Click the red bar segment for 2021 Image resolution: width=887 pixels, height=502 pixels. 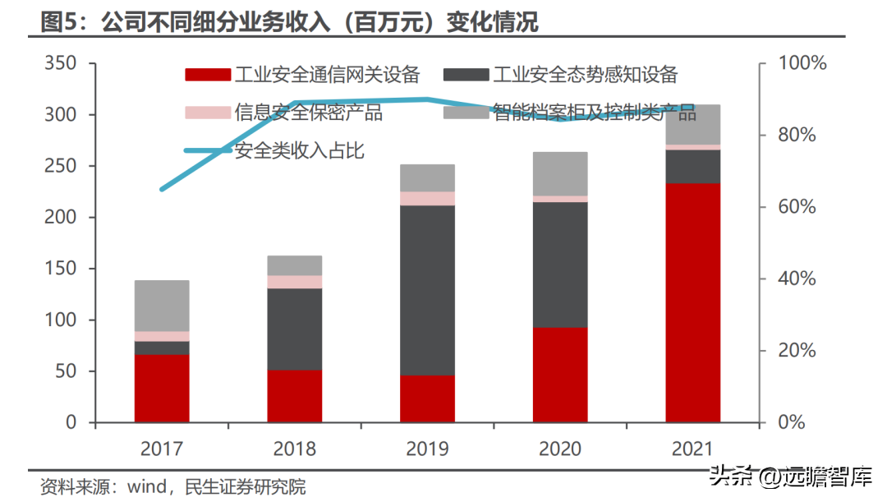[x=692, y=303]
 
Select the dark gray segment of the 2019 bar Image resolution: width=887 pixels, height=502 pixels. [x=427, y=290]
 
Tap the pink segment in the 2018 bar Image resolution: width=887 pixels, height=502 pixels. [x=295, y=282]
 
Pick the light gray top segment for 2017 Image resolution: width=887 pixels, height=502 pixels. [x=162, y=306]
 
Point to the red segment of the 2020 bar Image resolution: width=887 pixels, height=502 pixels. [x=560, y=375]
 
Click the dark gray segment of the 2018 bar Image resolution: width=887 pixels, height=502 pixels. [x=295, y=329]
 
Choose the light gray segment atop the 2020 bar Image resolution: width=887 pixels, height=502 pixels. [x=560, y=173]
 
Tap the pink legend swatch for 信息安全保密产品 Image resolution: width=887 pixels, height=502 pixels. [x=208, y=112]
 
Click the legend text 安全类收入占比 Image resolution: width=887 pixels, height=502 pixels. [x=299, y=150]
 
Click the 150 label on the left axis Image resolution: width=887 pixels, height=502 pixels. [x=61, y=269]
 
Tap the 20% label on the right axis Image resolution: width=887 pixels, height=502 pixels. [x=797, y=350]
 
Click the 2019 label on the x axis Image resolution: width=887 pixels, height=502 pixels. [x=427, y=449]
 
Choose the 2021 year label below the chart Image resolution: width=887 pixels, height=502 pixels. [x=692, y=449]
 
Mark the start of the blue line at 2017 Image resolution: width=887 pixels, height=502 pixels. [x=162, y=189]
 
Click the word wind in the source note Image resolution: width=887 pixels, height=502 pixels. [x=147, y=486]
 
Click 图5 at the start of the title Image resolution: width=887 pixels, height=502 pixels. [x=58, y=23]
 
